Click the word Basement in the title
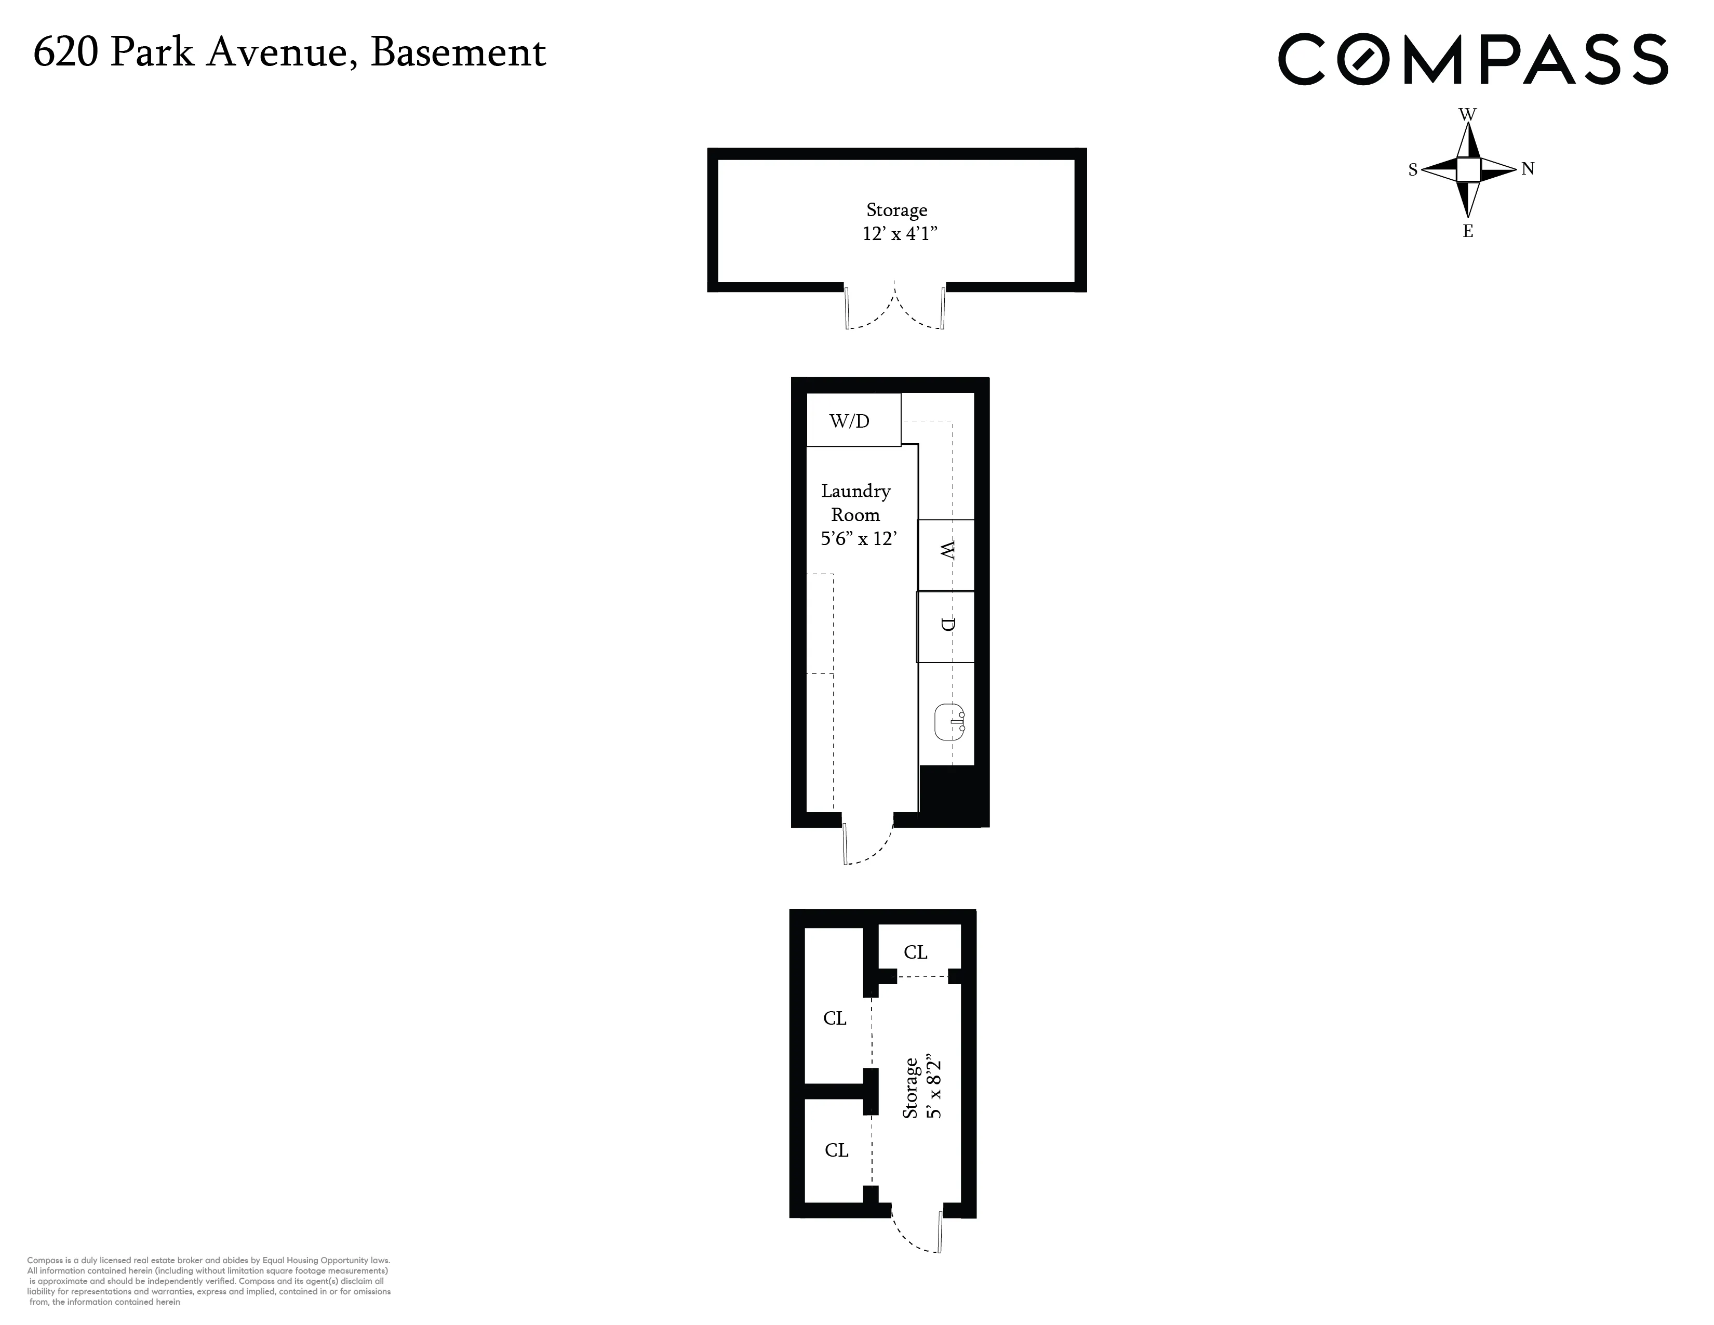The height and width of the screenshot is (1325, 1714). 458,52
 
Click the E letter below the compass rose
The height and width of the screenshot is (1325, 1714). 1468,232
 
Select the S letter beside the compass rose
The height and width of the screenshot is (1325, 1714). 1413,169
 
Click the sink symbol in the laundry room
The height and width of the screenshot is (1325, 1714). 949,721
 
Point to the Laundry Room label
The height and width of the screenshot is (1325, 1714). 855,502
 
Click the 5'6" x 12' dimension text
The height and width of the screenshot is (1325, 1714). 858,538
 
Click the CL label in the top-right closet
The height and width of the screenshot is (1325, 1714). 915,952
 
